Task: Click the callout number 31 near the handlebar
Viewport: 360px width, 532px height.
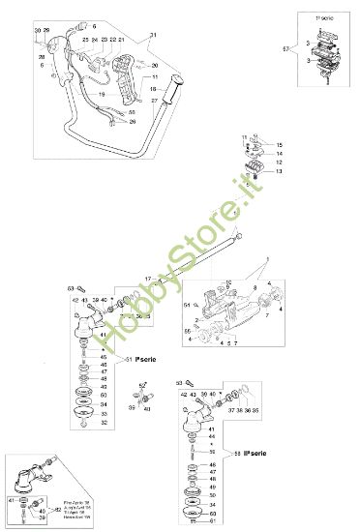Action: [152, 35]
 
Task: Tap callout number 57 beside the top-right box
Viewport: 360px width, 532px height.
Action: [284, 48]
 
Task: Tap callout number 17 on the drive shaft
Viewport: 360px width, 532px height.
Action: [148, 279]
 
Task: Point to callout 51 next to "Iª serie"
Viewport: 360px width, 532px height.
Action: [130, 359]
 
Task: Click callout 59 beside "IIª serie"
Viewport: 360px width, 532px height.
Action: [237, 453]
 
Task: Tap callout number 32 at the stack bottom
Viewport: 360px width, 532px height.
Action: [104, 423]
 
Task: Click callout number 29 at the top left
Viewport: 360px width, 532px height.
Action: [45, 32]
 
